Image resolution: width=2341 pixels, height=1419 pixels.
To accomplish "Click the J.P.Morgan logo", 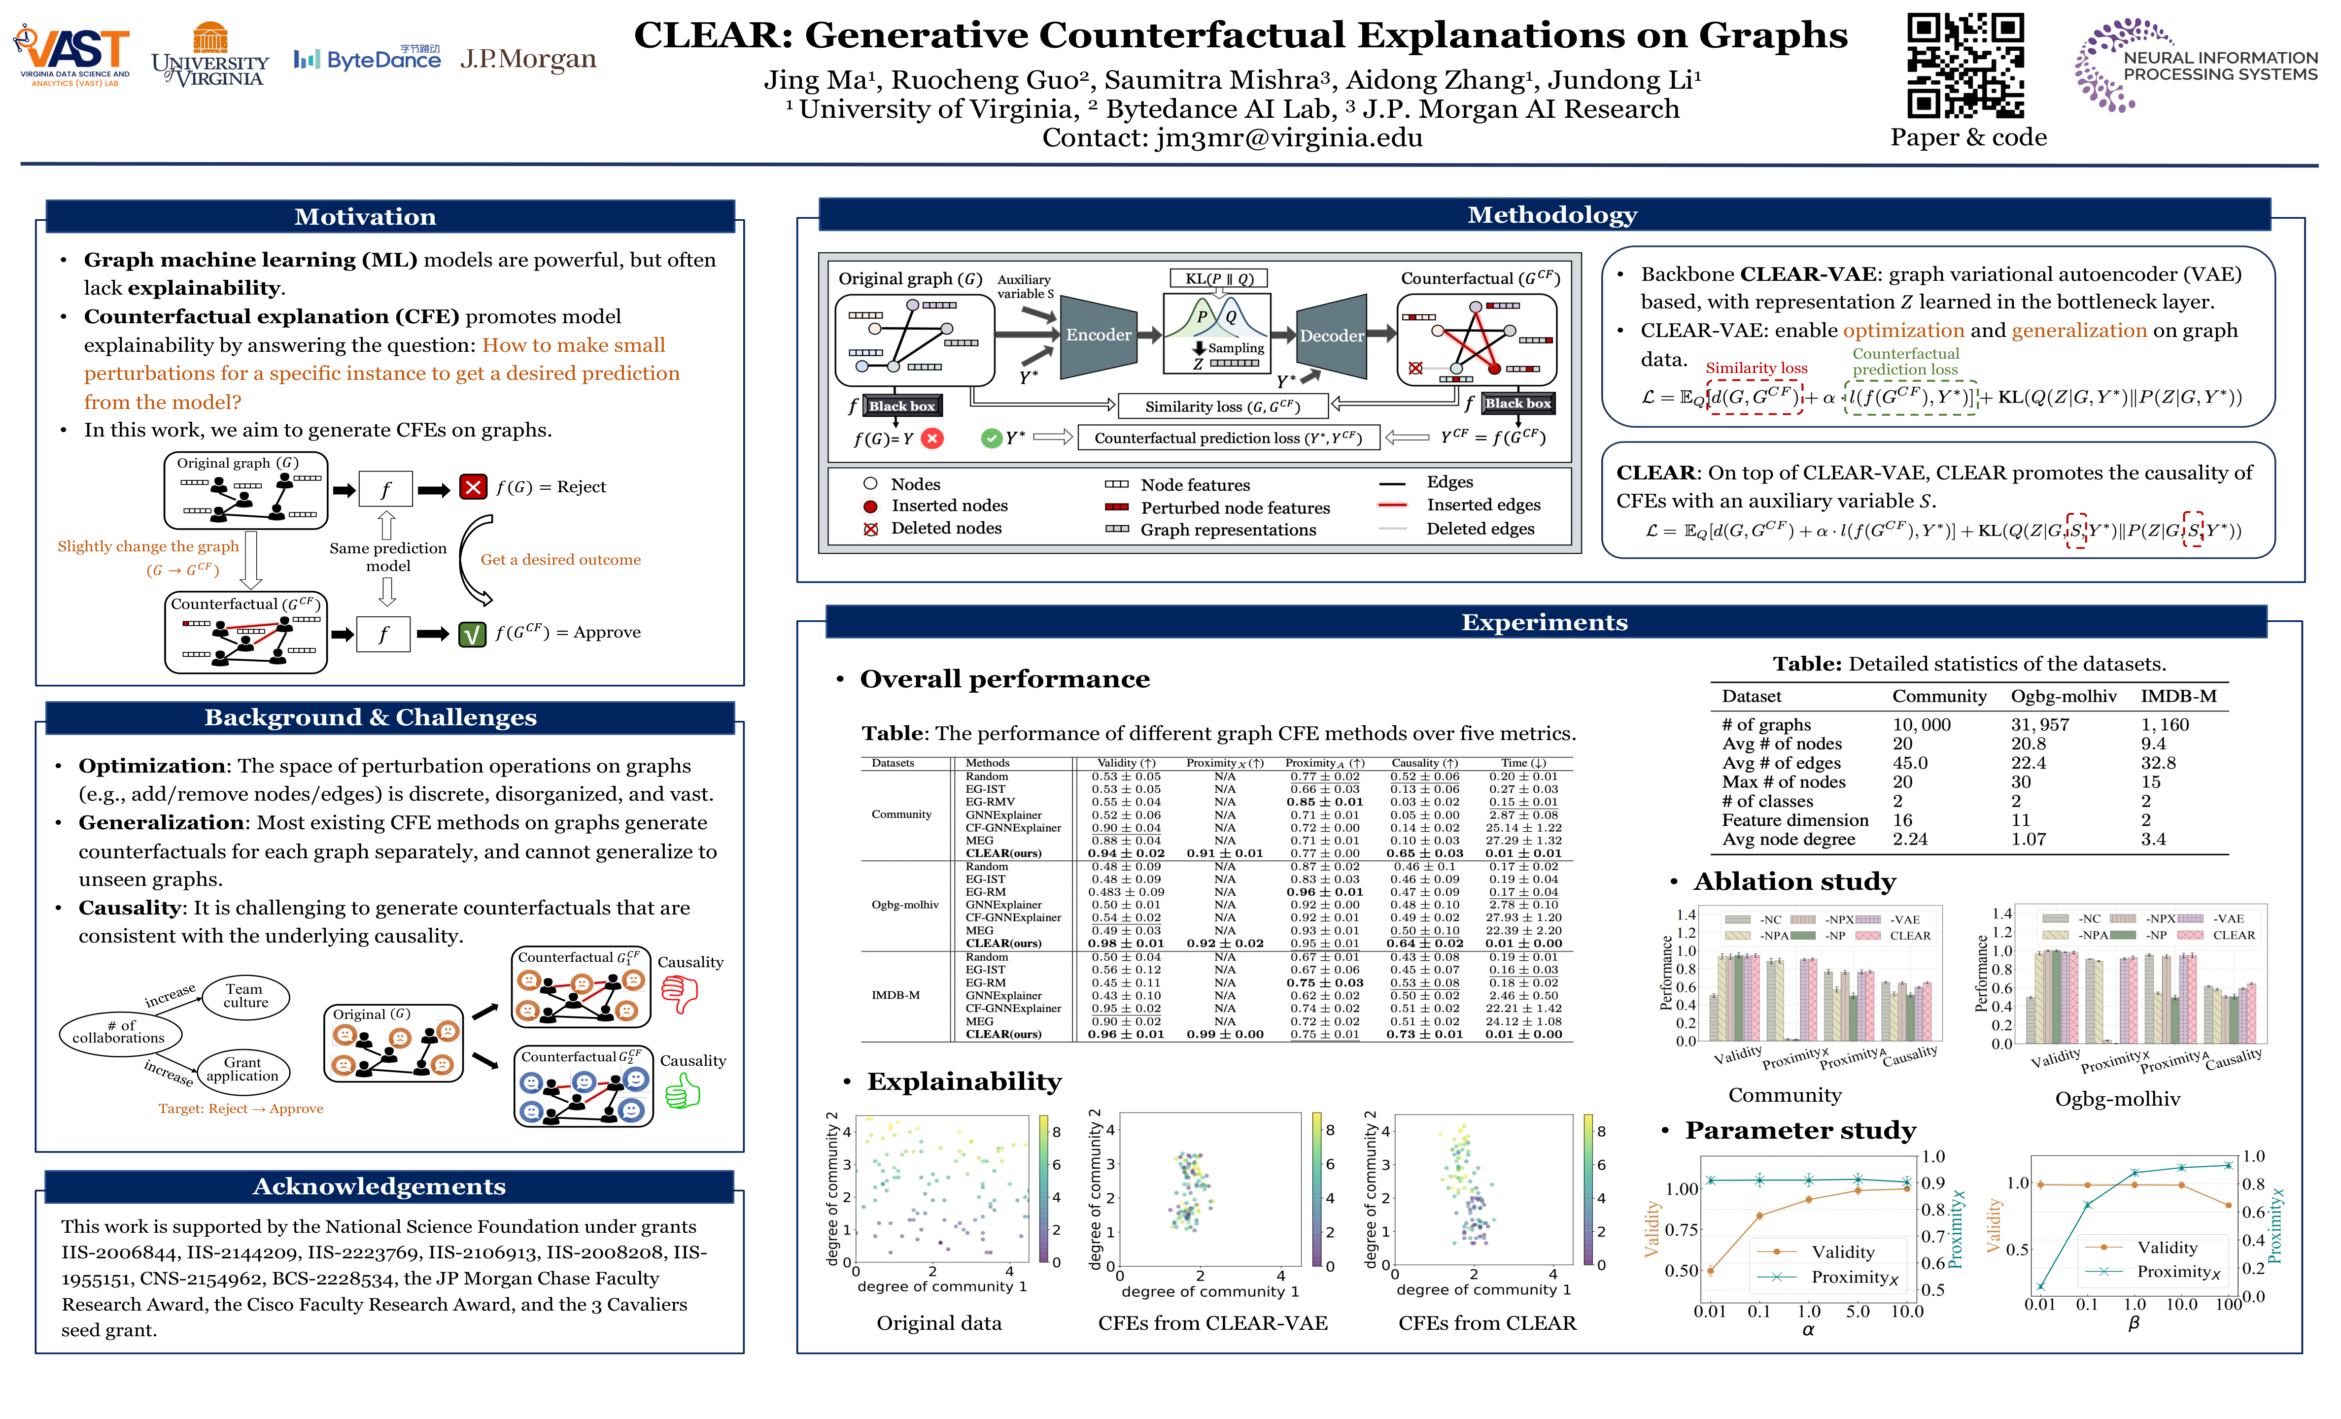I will coord(528,59).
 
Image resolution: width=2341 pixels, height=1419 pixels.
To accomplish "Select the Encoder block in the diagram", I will coord(1098,335).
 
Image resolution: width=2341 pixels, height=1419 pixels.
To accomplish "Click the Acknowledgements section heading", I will coord(379,1186).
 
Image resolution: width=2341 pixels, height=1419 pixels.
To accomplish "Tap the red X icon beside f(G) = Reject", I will coord(472,487).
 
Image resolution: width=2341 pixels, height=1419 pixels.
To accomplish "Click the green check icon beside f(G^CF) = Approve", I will coord(472,634).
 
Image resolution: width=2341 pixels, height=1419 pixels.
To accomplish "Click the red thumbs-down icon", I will coord(679,994).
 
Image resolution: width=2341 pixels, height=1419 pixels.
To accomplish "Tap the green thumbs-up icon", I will coord(682,1094).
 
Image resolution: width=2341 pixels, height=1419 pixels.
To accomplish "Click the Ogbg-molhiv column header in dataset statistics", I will coord(2064,696).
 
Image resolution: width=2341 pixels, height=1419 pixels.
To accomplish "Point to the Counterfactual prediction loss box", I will coord(1228,438).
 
